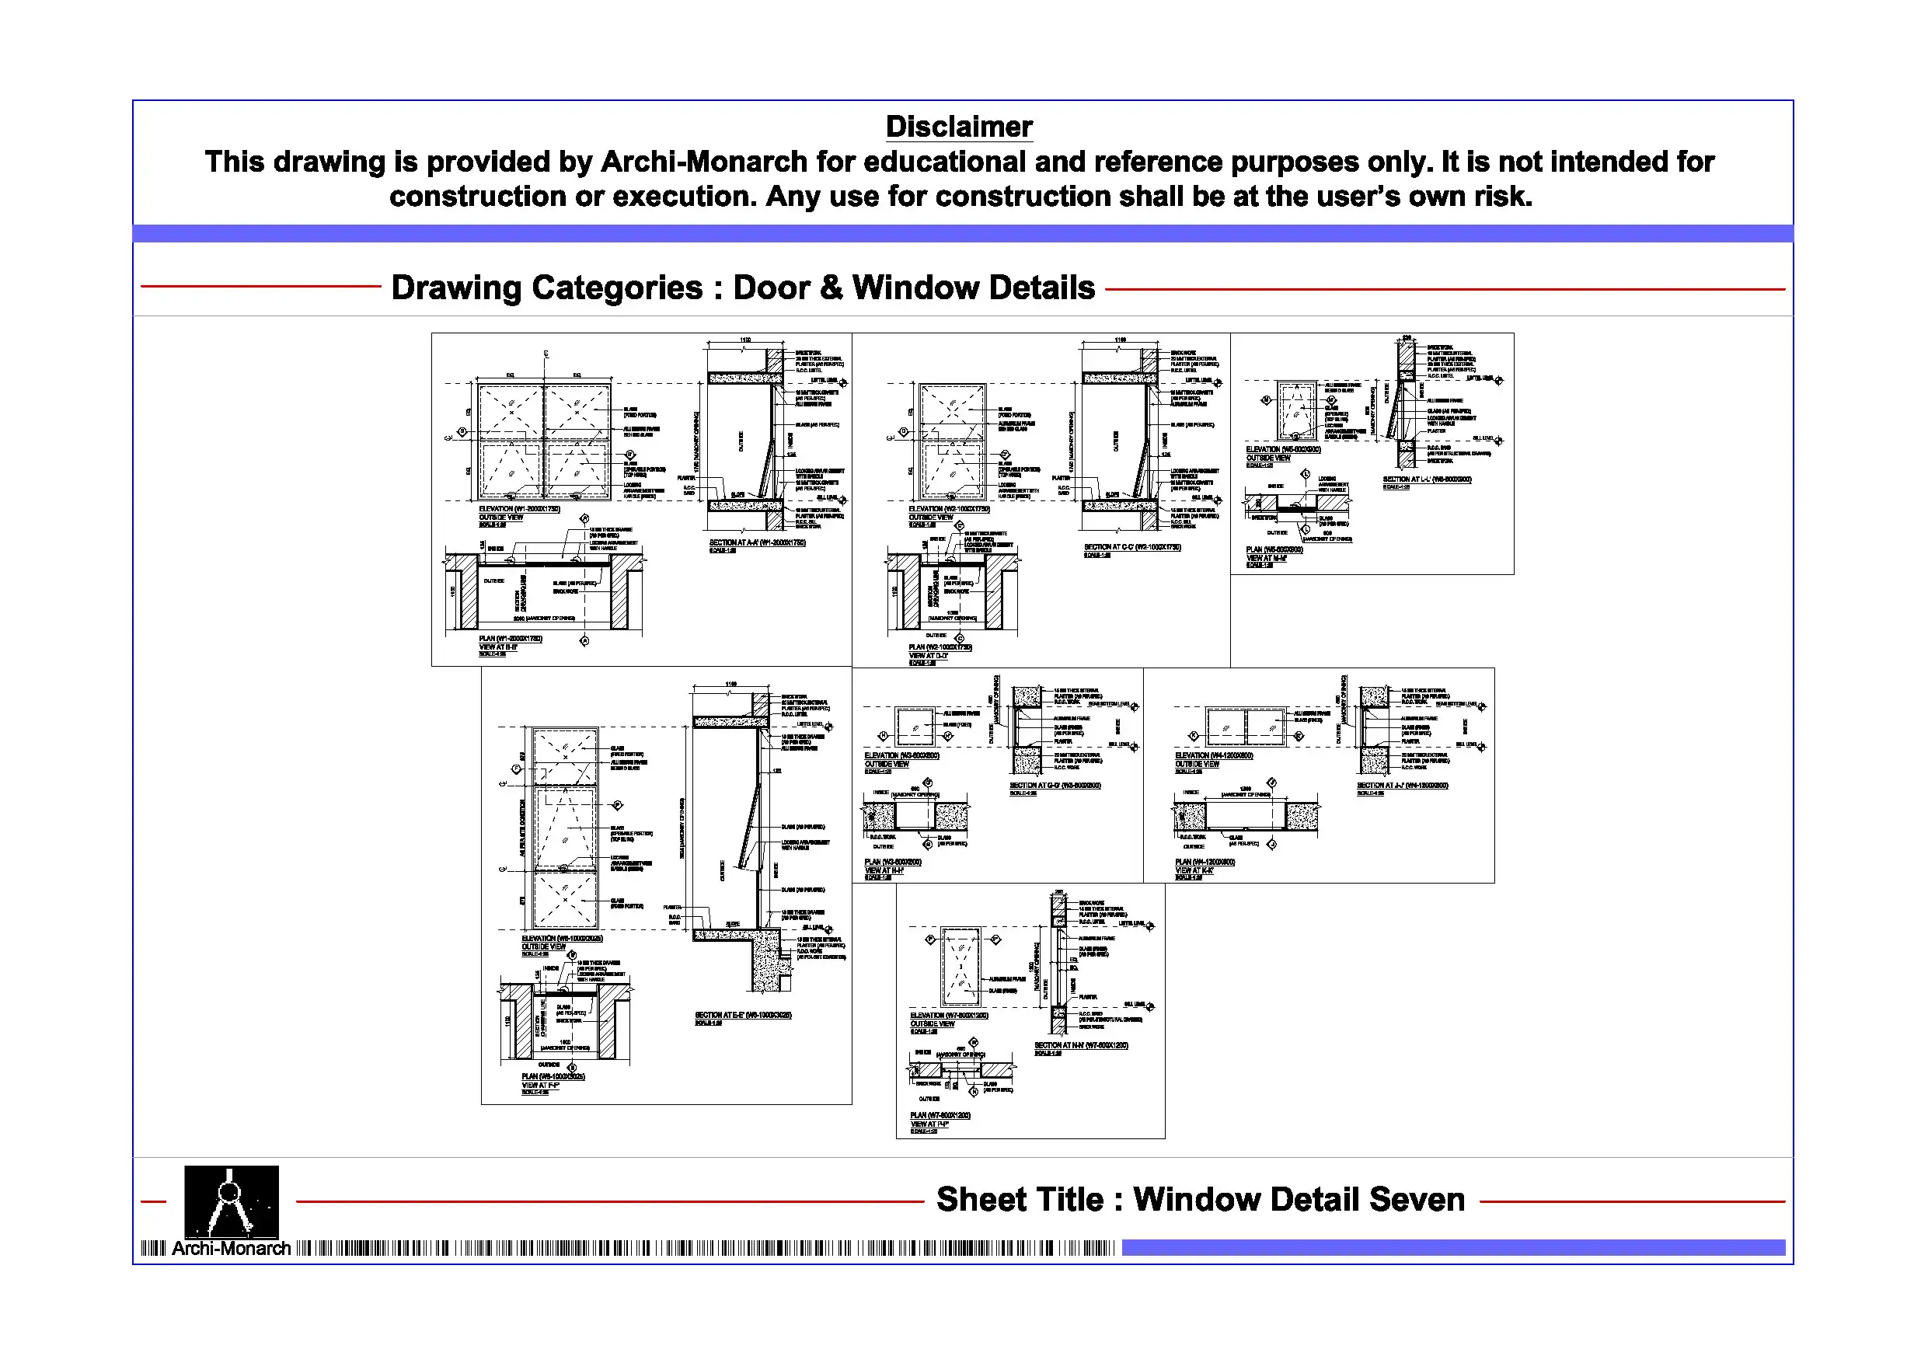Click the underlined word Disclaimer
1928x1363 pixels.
point(958,127)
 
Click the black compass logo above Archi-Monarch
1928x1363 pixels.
point(231,1200)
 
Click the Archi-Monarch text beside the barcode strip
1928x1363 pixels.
point(231,1249)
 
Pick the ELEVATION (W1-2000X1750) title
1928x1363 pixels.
point(519,509)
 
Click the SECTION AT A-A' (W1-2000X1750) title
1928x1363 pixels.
point(757,542)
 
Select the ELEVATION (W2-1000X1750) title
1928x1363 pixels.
point(949,509)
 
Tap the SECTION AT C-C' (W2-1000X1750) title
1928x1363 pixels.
point(1132,547)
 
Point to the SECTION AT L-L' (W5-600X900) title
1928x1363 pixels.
point(1427,479)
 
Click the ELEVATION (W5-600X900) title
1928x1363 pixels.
point(1283,449)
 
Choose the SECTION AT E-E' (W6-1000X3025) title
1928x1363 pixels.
point(743,1016)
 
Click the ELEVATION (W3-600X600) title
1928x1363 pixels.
point(902,756)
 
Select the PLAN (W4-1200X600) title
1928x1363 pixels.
point(1205,862)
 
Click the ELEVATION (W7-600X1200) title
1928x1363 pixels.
point(949,1016)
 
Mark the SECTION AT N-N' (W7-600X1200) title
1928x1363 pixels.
point(1081,1045)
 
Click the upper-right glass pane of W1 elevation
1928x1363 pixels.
point(577,410)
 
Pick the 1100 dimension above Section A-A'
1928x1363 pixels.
point(744,340)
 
